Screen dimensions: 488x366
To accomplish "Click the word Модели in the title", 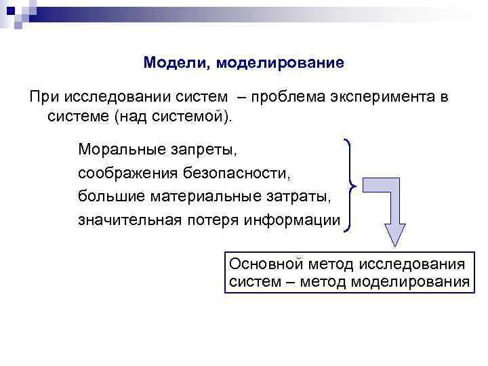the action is (169, 63).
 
